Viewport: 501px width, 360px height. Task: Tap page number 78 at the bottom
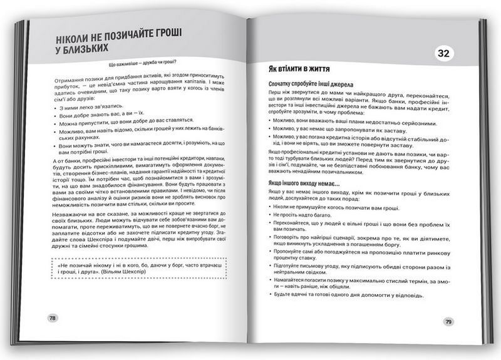tap(53, 317)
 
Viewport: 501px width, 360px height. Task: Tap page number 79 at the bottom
tap(448, 322)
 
